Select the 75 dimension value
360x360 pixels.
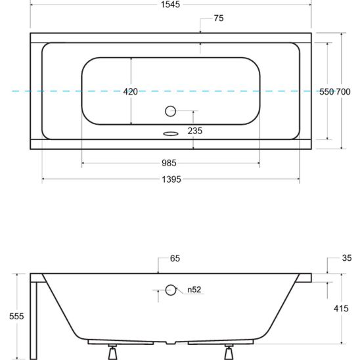219,18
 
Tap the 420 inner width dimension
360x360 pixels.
131,92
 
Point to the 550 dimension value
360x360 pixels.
326,92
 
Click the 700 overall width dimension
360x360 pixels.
344,92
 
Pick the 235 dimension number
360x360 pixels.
194,131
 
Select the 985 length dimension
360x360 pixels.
171,163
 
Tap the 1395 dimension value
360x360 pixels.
171,179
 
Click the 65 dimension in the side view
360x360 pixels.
175,259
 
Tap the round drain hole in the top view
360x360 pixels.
171,111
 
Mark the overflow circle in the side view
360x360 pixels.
171,289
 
